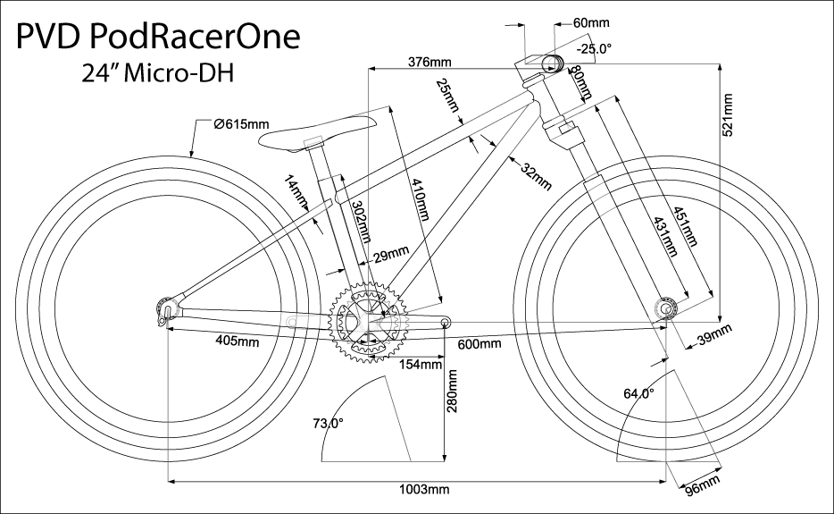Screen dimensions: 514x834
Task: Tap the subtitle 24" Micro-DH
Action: coord(157,74)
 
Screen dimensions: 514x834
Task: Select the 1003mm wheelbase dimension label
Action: coord(424,490)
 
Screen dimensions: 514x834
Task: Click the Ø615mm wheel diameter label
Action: coord(241,123)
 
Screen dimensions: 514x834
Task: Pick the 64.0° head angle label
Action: coord(638,392)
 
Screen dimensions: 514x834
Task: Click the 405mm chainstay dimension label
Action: coord(238,341)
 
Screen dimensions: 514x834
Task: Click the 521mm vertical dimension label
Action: coord(728,114)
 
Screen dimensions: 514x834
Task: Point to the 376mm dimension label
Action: coord(429,62)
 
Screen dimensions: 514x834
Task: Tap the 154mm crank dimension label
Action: coord(421,364)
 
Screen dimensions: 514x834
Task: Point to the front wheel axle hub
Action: coord(666,308)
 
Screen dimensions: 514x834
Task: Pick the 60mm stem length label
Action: coord(590,21)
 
